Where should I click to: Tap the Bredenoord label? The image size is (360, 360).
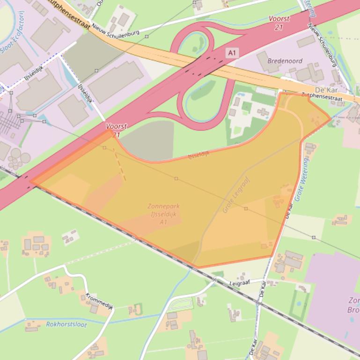285,61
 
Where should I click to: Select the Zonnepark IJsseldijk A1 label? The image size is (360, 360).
163,214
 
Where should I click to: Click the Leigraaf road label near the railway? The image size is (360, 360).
241,283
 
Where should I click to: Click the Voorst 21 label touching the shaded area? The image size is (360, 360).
114,130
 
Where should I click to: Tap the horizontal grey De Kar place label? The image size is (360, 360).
327,90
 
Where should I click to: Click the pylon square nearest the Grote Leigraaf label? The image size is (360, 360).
246,209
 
